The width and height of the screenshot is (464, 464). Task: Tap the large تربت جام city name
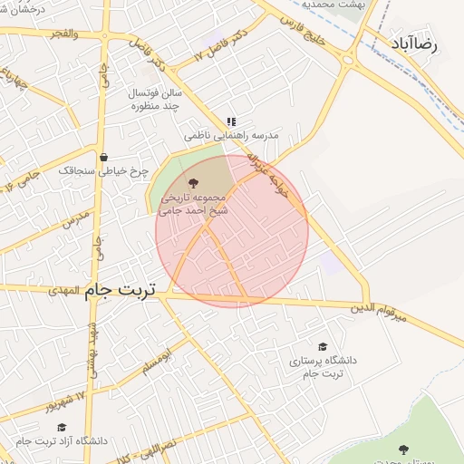[x=121, y=290]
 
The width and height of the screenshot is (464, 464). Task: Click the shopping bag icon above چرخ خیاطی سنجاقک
[x=104, y=157]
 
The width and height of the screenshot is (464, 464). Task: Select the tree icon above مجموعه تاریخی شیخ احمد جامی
[x=191, y=182]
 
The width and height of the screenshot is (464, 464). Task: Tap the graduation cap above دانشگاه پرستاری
[x=323, y=346]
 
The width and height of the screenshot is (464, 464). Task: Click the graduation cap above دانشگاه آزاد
[x=62, y=427]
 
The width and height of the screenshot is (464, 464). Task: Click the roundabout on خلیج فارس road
[x=348, y=61]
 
